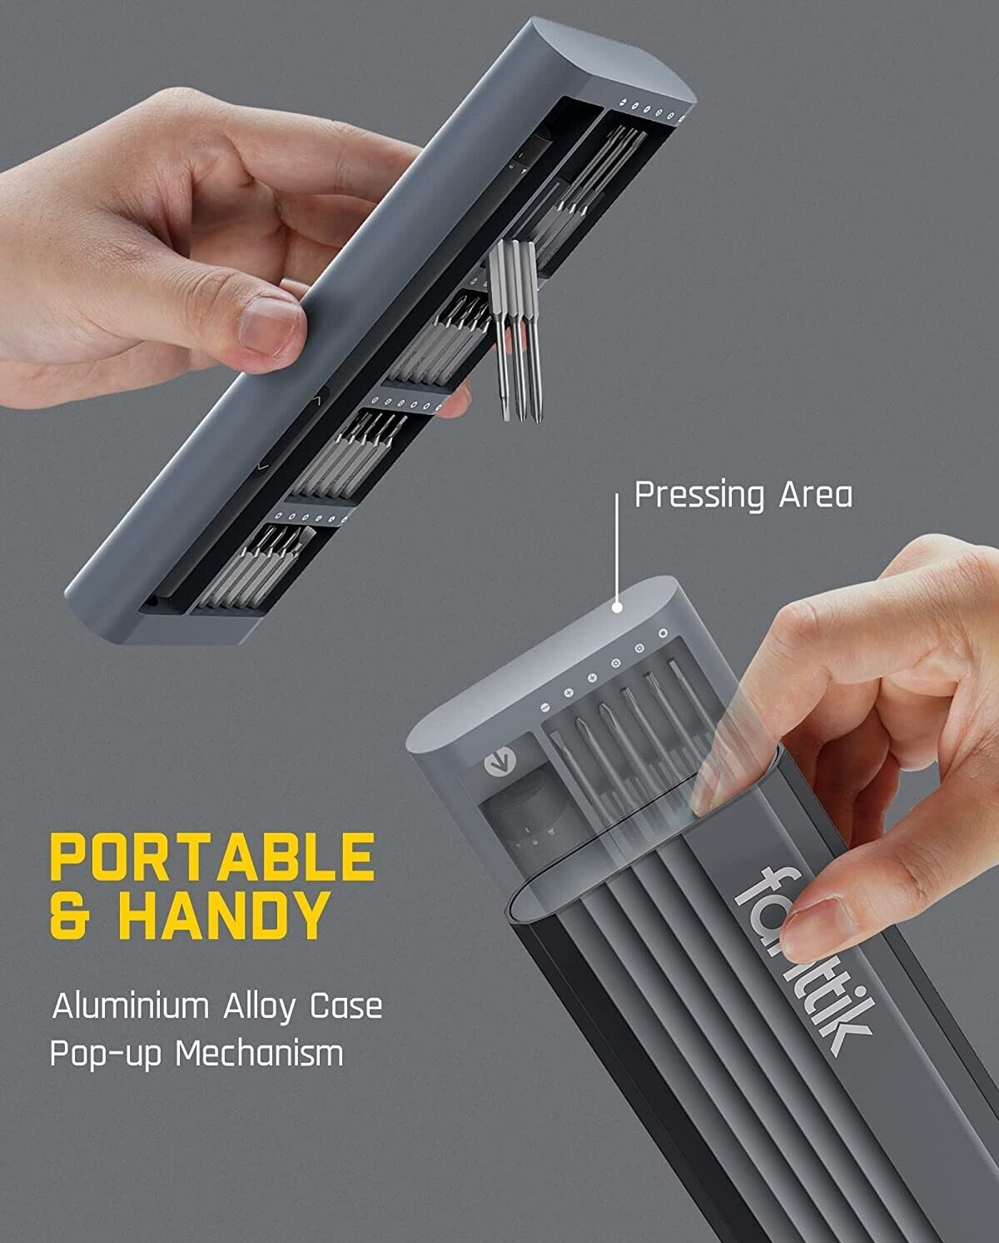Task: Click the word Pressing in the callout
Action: pyautogui.click(x=699, y=497)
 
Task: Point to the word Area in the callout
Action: pyautogui.click(x=816, y=495)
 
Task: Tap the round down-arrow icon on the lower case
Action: pyautogui.click(x=499, y=761)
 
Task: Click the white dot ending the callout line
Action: pyautogui.click(x=616, y=607)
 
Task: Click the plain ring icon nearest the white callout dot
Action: pyautogui.click(x=663, y=634)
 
